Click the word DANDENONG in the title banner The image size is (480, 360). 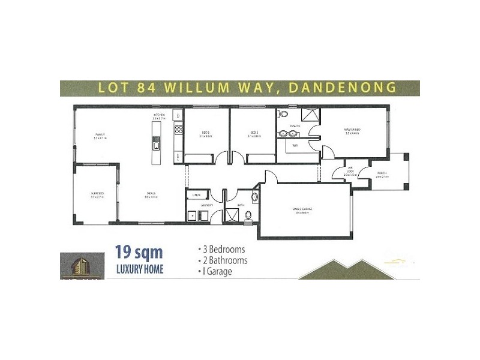point(343,88)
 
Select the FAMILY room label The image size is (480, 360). point(100,136)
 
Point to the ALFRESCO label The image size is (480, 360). point(97,194)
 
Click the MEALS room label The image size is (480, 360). point(151,194)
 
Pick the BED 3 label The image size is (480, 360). point(206,133)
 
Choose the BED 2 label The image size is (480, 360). point(254,133)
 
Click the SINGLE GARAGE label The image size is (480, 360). point(302,210)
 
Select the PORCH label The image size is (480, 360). point(381,175)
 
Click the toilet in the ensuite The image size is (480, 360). point(283,114)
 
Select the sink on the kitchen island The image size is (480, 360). point(157,145)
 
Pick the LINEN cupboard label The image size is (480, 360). point(196,195)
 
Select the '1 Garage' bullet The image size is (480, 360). point(215,271)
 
